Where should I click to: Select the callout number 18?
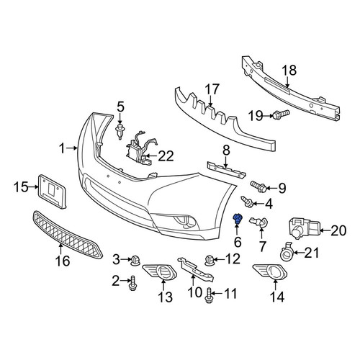[289, 71]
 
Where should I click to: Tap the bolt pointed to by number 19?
[280, 114]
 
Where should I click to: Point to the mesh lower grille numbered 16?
[68, 234]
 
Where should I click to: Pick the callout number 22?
[166, 156]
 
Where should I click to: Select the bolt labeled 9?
[258, 187]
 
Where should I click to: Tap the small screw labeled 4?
[247, 202]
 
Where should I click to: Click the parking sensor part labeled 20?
[304, 228]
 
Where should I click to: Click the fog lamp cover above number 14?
[270, 271]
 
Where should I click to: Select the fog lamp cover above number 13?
[160, 272]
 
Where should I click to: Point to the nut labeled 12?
[209, 261]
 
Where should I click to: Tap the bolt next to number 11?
[208, 295]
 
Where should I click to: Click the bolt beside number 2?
[132, 283]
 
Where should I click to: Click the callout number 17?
[212, 89]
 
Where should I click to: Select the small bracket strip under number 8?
[226, 170]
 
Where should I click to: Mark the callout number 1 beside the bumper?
[62, 149]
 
